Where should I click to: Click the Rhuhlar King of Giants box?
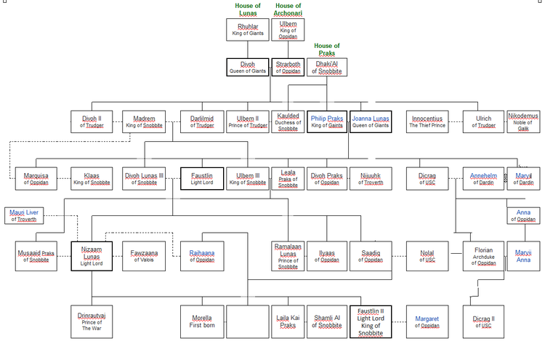point(247,30)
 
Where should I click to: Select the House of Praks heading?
point(327,49)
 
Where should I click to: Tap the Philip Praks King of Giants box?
point(328,121)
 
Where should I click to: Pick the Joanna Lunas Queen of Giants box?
point(370,121)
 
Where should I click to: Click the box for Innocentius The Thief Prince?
point(427,121)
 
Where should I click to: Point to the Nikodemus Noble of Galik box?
point(523,121)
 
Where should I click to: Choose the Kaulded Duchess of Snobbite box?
point(288,121)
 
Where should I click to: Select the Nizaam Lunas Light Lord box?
point(92,256)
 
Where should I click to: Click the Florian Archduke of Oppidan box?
point(483,256)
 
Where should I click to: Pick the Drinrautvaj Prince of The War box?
point(92,321)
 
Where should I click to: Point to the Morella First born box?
point(201,321)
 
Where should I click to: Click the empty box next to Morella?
point(247,321)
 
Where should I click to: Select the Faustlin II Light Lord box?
point(371,321)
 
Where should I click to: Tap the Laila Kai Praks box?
point(288,321)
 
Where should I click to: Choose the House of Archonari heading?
point(288,9)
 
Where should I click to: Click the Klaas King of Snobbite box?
point(92,179)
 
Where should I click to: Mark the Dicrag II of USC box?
point(483,321)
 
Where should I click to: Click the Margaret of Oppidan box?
point(427,321)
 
